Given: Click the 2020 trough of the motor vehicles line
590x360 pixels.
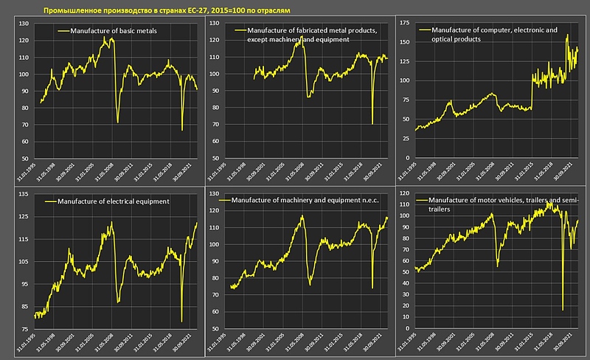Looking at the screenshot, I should [x=563, y=310].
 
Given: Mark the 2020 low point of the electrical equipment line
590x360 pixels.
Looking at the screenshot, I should [x=181, y=321].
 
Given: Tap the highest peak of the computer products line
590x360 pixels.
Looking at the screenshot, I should [x=566, y=35].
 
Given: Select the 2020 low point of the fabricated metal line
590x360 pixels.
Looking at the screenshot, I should [x=372, y=123].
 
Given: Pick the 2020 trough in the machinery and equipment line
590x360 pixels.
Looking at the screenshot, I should [x=372, y=288].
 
